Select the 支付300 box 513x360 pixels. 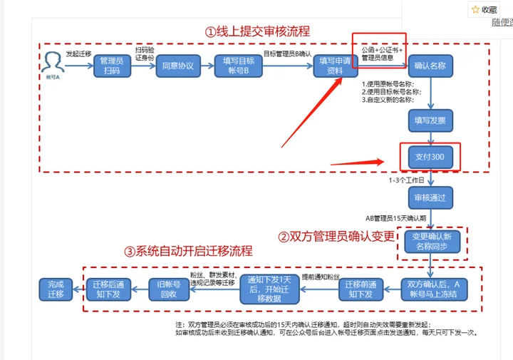point(430,157)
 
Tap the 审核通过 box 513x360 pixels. point(430,197)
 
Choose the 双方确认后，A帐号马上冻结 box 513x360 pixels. point(434,289)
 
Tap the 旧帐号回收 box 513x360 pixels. point(169,289)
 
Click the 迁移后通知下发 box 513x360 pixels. point(110,289)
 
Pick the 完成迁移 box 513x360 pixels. point(56,289)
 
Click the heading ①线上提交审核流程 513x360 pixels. point(257,32)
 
